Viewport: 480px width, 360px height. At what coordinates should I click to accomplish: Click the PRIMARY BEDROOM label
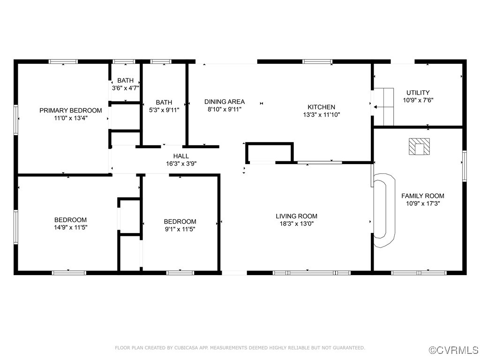click(x=70, y=111)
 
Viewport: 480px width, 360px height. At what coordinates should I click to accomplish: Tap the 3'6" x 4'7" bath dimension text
click(x=125, y=88)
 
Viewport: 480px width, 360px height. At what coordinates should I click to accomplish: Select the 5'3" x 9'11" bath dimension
click(x=164, y=110)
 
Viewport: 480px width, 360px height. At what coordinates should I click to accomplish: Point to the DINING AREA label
click(x=224, y=102)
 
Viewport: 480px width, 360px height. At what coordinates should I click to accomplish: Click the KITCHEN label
click(x=321, y=107)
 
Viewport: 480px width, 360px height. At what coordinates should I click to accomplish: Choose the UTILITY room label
click(x=418, y=93)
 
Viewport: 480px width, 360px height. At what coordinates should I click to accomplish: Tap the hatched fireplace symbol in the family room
click(x=419, y=147)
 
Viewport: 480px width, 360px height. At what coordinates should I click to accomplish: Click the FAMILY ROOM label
click(x=422, y=196)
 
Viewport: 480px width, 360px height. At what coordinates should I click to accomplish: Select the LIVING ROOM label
click(x=296, y=216)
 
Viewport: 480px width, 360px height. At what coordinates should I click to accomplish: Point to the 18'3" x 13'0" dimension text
click(x=296, y=224)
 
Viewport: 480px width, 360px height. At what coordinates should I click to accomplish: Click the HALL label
click(x=181, y=156)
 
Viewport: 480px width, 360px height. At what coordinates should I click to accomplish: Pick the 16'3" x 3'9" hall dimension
click(x=181, y=164)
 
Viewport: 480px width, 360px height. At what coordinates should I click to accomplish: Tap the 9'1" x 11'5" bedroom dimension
click(x=180, y=229)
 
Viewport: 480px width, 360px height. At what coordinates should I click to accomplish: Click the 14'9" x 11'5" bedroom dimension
click(x=71, y=227)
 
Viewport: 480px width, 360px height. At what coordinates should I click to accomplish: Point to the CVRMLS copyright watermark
click(x=454, y=350)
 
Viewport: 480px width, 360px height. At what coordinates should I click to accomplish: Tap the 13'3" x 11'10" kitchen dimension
click(x=321, y=114)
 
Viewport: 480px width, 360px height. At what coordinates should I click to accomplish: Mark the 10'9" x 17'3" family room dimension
click(x=422, y=203)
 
